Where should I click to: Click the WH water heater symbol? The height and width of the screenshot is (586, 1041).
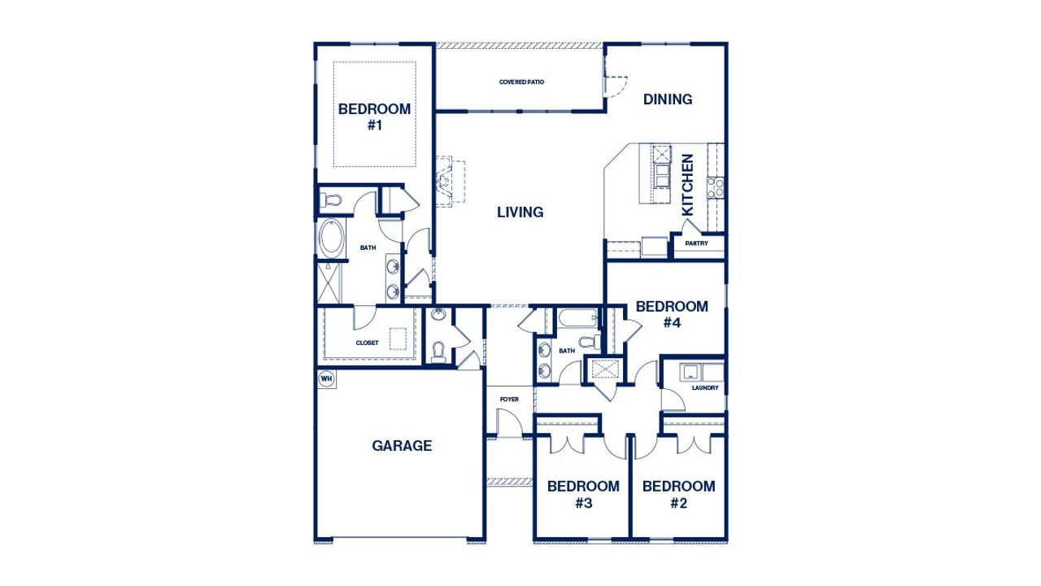pos(326,378)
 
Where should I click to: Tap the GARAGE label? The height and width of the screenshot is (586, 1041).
pos(402,445)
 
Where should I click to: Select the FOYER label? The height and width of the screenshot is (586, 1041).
pos(509,400)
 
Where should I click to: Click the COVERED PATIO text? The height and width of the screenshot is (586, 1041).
pos(521,82)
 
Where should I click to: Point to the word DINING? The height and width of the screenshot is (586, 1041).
pos(668,99)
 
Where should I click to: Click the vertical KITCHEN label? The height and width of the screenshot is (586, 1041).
pos(688,185)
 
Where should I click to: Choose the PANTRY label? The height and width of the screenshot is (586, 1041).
pos(696,243)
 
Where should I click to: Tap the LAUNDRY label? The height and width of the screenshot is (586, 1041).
pos(705,388)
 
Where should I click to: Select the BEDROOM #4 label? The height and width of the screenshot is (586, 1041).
pos(672,314)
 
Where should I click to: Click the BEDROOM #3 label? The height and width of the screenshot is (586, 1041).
pos(583,494)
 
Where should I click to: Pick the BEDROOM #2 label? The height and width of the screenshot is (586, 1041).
pos(679,494)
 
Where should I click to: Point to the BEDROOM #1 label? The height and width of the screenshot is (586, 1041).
pos(374,117)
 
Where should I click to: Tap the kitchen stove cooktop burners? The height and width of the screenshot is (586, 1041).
pos(716,187)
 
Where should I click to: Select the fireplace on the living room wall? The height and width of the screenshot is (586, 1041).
pos(446,181)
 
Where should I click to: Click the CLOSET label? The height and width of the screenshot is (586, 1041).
pos(367,343)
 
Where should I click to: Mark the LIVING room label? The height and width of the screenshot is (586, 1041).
pos(520,212)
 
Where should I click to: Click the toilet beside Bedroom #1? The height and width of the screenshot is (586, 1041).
pos(332,199)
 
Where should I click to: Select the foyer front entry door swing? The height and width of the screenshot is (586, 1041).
pos(508,423)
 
